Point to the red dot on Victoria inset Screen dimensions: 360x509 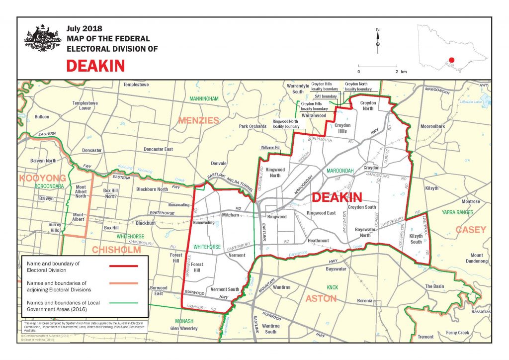(451, 61)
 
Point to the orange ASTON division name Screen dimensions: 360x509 (321, 298)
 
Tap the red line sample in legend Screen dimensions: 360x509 (123, 266)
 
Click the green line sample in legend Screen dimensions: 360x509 (123, 302)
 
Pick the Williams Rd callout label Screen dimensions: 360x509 (270, 148)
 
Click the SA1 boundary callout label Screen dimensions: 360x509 (326, 96)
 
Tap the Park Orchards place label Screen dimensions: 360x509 (253, 126)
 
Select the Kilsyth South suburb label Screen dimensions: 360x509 (416, 239)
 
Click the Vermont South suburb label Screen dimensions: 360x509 (225, 289)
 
